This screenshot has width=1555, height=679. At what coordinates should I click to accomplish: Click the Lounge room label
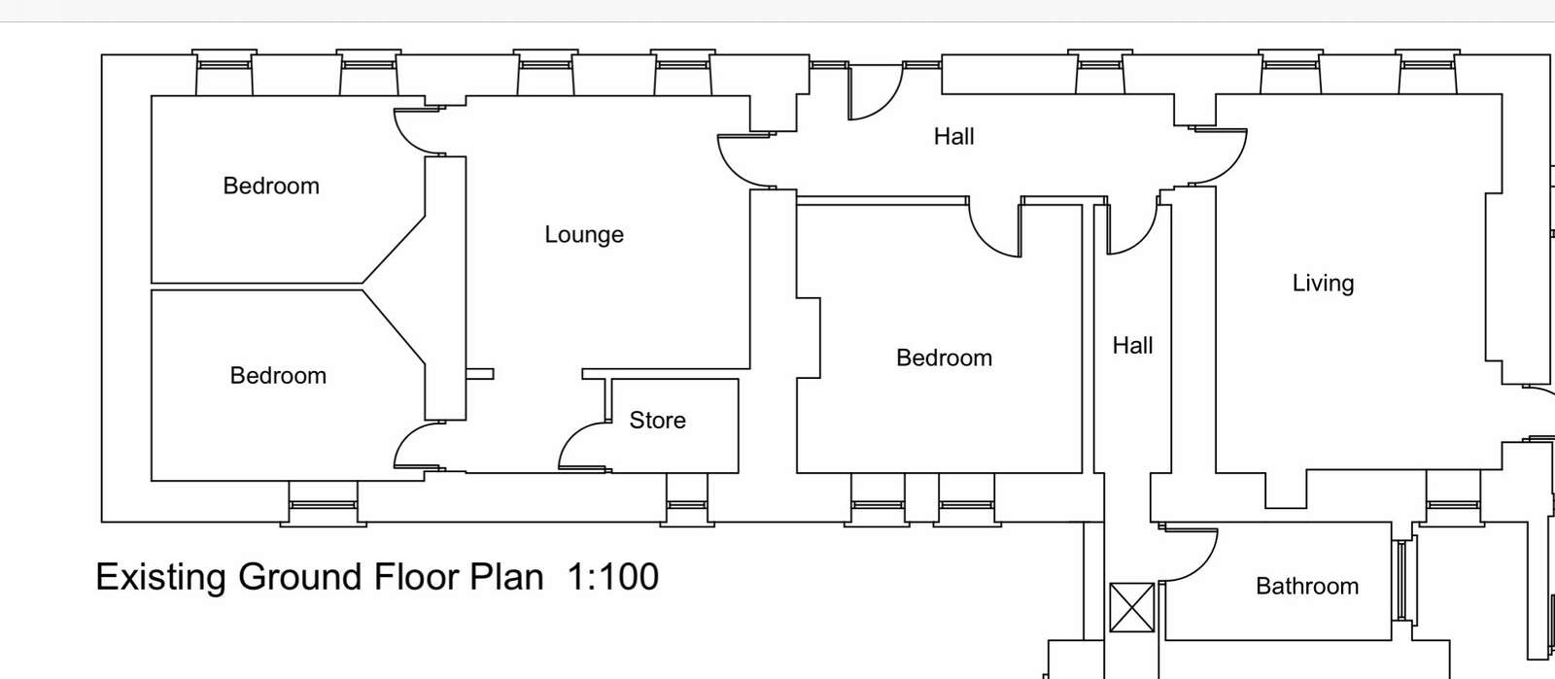pyautogui.click(x=584, y=234)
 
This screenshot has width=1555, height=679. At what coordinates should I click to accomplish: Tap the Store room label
pyautogui.click(x=657, y=420)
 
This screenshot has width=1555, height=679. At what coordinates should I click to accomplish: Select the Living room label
pyautogui.click(x=1323, y=283)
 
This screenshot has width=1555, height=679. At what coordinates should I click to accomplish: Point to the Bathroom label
pyautogui.click(x=1306, y=586)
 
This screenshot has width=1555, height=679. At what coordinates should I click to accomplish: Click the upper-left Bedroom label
pyautogui.click(x=271, y=186)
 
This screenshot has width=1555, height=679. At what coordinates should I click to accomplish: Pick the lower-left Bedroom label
pyautogui.click(x=278, y=375)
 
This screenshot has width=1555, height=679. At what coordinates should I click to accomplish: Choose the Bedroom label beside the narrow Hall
pyautogui.click(x=944, y=357)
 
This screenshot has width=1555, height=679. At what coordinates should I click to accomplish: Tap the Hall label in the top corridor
pyautogui.click(x=953, y=137)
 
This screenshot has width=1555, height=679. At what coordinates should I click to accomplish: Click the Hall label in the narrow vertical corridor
pyautogui.click(x=1132, y=346)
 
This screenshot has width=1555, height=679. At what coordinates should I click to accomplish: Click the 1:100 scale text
pyautogui.click(x=613, y=577)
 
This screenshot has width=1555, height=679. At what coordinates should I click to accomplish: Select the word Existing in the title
pyautogui.click(x=161, y=577)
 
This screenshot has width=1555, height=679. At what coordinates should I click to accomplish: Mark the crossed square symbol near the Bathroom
pyautogui.click(x=1131, y=607)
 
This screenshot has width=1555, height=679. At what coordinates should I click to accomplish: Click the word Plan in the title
pyautogui.click(x=506, y=577)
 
